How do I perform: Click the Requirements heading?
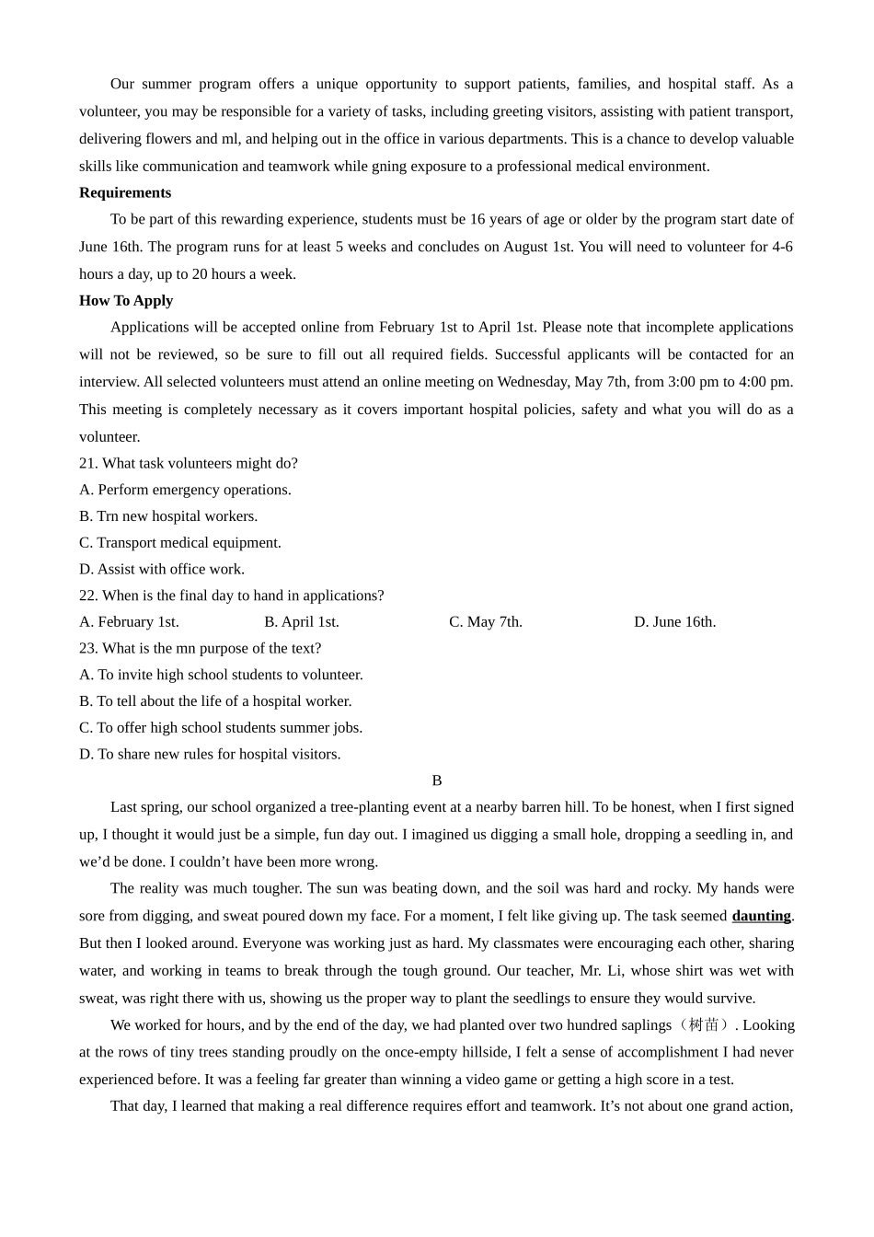point(125,192)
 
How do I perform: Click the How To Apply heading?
point(126,300)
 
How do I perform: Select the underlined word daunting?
point(761,916)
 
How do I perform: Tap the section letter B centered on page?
point(437,780)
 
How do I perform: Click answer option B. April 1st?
point(302,622)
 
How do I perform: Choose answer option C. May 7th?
point(486,622)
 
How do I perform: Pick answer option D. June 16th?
point(674,622)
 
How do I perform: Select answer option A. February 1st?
point(129,622)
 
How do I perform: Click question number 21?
point(88,463)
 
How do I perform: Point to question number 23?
point(88,648)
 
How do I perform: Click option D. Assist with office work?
point(162,569)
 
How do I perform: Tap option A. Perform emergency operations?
point(185,490)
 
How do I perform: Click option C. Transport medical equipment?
point(180,543)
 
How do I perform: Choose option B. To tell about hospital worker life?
point(215,701)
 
